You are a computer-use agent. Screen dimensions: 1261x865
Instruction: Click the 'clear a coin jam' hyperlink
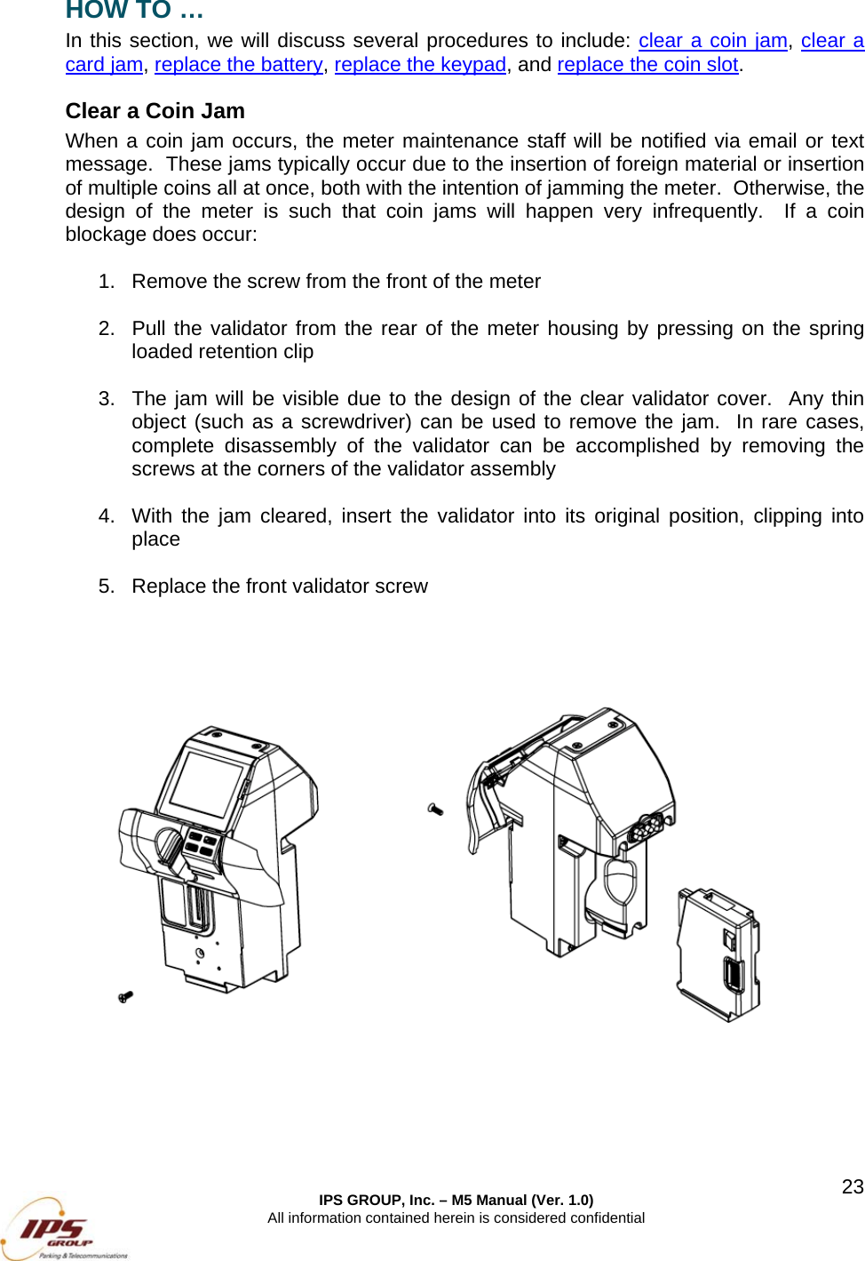[x=712, y=41]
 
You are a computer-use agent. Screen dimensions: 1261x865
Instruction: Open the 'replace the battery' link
[x=238, y=65]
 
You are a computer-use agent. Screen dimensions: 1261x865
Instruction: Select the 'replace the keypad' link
[x=419, y=65]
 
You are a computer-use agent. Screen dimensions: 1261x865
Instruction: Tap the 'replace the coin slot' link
[x=647, y=65]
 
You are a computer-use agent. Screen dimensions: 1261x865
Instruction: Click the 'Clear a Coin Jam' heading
[x=155, y=111]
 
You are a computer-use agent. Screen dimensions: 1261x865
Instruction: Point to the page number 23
[x=852, y=1186]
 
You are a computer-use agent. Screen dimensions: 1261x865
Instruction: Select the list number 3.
[x=106, y=399]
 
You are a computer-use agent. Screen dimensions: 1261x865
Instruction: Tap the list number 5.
[x=106, y=587]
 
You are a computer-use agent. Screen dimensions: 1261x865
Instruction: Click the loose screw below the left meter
[x=125, y=997]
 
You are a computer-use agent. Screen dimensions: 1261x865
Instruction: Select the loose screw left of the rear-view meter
[x=435, y=809]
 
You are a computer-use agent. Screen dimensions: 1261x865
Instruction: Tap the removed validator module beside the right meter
[x=718, y=954]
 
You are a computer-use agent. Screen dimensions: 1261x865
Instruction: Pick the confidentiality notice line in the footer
[x=456, y=1217]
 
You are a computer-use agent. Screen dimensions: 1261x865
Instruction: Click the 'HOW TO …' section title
[x=134, y=11]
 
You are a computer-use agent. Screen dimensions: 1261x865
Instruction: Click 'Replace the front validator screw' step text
[x=279, y=587]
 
